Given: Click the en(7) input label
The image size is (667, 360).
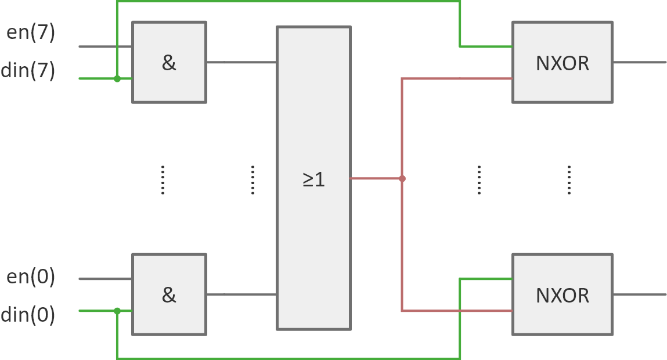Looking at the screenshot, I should pos(31,33).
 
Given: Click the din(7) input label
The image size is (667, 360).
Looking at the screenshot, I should pos(28,70).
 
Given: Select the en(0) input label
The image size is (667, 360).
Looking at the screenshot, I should pos(31,277).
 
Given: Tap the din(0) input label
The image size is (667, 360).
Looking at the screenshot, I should pos(28,315).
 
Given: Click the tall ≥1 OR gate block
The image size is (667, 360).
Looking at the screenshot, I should pos(313,116).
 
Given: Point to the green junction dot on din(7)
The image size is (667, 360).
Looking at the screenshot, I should pos(117,78).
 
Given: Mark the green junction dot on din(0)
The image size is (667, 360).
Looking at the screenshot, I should pos(117,311).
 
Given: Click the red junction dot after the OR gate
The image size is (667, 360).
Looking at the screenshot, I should pos(402,179).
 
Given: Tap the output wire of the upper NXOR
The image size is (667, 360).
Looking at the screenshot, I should pos(639,62).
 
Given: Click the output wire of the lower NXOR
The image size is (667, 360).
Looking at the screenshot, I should pos(639,294).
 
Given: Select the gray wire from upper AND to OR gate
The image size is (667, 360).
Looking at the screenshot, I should pos(241,62).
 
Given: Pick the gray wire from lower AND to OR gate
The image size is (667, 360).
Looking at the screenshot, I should pos(241,294).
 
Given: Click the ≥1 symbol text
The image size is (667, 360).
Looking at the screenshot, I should pos(313,179).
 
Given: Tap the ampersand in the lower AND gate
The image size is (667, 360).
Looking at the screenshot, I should pos(169,295).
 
